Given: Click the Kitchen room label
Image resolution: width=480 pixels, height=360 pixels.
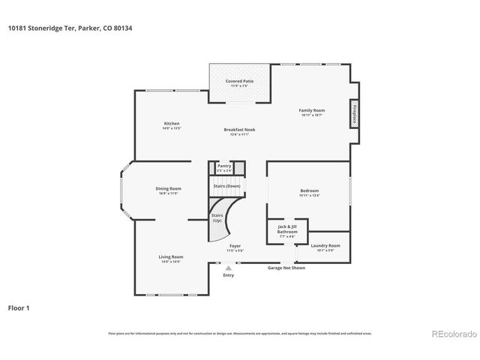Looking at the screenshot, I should (x=172, y=124).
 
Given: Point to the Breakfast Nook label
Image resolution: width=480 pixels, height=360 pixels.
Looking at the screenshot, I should (x=239, y=130).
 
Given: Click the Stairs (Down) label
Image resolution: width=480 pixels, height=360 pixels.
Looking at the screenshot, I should (x=227, y=185).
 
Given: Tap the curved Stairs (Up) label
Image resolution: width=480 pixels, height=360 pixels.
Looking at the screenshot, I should (x=217, y=217).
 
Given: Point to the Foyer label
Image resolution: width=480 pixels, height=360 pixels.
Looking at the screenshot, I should (x=235, y=247).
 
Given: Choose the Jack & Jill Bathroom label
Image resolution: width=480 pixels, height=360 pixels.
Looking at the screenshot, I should (x=287, y=229).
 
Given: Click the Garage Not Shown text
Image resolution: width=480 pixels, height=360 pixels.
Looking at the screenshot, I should (x=287, y=267).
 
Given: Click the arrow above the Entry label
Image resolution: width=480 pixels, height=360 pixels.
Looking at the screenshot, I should (x=228, y=266).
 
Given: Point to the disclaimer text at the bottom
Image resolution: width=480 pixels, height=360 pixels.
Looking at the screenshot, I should (x=239, y=333).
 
